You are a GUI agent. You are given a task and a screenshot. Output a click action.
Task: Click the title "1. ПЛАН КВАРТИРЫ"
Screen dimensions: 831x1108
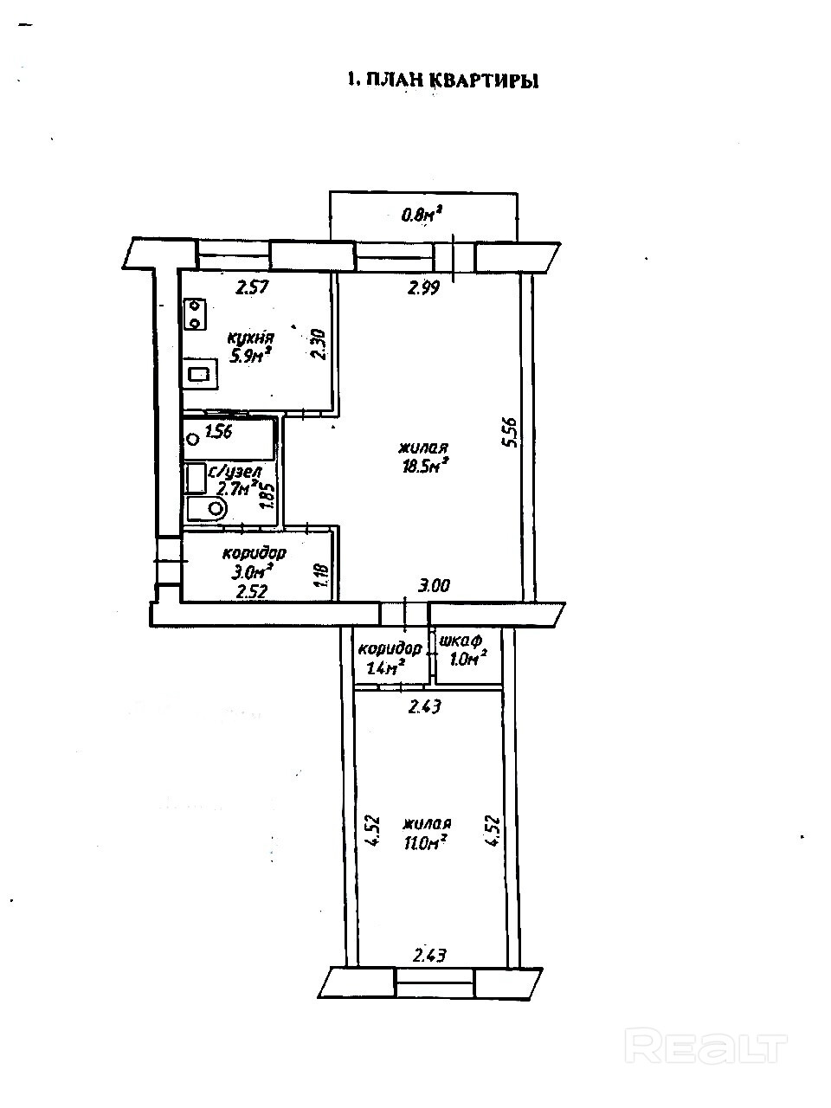(442, 81)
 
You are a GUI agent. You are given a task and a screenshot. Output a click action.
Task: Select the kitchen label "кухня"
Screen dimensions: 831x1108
(250, 338)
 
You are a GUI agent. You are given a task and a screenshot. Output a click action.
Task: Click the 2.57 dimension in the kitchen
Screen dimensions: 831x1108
(251, 288)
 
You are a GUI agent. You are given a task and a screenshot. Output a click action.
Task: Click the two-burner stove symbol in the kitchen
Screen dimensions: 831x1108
(195, 313)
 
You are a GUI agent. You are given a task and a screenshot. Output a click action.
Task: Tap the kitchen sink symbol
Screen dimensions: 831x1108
(199, 375)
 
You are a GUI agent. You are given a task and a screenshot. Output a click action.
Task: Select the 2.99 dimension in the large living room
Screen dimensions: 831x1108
(424, 289)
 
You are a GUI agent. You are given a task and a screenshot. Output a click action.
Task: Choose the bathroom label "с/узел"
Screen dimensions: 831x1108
(230, 473)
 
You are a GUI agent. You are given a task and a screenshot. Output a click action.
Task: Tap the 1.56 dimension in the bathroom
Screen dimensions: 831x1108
(220, 432)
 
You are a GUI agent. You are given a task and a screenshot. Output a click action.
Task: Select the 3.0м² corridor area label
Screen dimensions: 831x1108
(252, 571)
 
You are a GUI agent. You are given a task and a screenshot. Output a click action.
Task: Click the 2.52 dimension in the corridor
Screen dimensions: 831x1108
(251, 592)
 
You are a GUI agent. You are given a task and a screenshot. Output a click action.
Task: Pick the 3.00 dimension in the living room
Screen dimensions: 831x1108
(434, 586)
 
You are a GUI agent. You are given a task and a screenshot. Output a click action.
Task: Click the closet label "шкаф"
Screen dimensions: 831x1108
(461, 641)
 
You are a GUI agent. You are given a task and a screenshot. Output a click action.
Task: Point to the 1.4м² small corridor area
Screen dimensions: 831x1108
(386, 667)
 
